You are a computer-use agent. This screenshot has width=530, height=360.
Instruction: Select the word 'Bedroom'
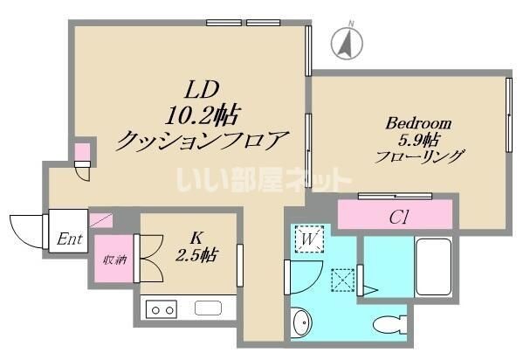(x=418, y=123)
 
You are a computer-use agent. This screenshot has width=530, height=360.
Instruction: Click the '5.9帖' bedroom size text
(x=418, y=141)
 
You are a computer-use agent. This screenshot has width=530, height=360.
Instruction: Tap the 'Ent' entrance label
(x=69, y=239)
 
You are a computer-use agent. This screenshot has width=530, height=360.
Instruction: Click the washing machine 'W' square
(x=309, y=239)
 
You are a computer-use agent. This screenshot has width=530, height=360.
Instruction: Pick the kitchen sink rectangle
(x=210, y=308)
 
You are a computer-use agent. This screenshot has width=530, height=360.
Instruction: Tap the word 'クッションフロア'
(x=203, y=139)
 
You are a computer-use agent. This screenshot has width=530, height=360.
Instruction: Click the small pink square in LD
(x=81, y=154)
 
